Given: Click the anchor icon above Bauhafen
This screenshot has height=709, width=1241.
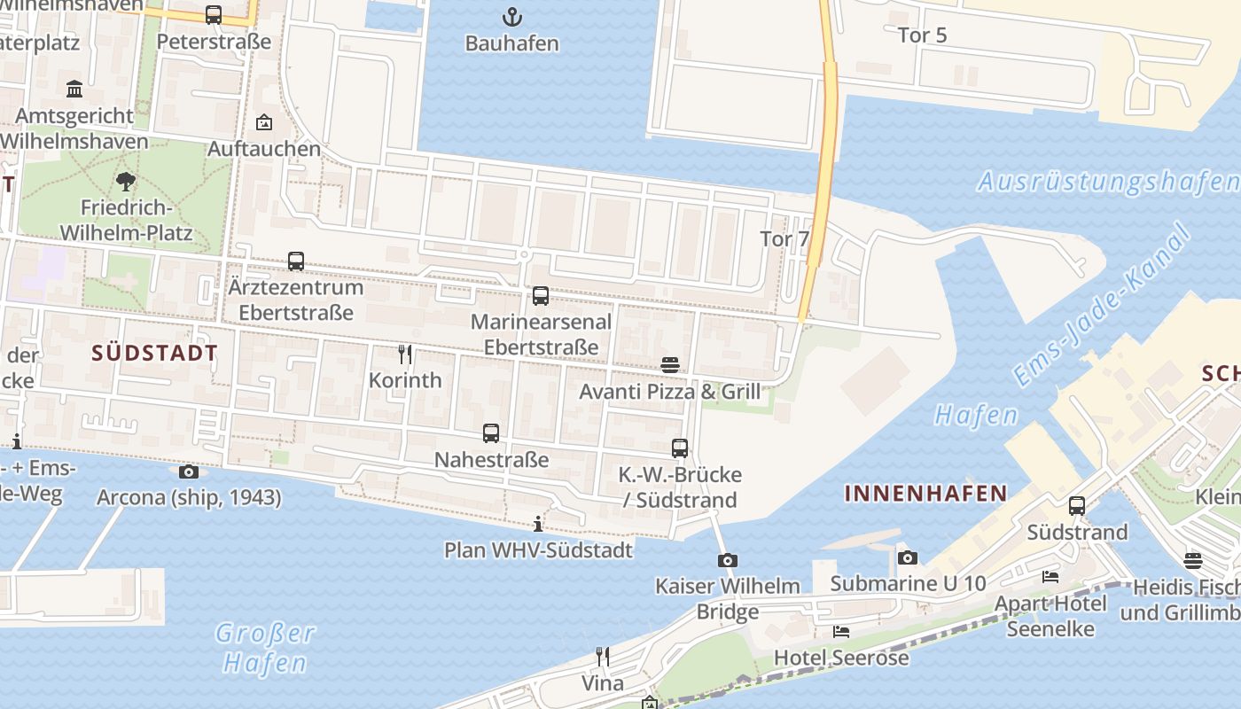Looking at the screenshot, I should click(x=511, y=16).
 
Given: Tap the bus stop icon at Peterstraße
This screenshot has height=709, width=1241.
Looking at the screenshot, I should click(x=214, y=15).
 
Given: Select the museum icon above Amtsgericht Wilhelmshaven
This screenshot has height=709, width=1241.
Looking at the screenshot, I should click(x=74, y=89).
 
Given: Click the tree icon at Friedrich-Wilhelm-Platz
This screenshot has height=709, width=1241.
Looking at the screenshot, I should click(x=126, y=182).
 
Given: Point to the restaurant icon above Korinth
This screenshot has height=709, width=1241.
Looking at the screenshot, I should click(x=405, y=354).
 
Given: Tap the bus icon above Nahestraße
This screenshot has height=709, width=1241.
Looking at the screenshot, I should click(x=491, y=433).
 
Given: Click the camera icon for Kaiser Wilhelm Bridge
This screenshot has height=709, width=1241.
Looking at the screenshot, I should click(x=728, y=560).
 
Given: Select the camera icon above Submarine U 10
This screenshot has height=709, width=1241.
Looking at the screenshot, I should click(x=907, y=557).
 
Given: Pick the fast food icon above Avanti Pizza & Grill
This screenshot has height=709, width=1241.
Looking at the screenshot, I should click(x=670, y=365).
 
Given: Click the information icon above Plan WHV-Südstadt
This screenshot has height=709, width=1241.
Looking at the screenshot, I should click(x=538, y=524).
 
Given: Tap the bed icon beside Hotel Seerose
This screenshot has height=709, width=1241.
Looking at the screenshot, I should click(x=841, y=632).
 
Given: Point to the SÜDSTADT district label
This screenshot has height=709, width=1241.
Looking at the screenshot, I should click(x=155, y=353).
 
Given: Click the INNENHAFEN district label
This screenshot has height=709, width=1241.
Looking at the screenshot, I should click(x=926, y=494).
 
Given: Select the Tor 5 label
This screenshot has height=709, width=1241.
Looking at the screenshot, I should click(x=923, y=35).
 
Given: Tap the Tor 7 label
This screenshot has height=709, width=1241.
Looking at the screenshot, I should click(x=784, y=239).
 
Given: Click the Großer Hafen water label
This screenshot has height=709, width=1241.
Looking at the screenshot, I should click(x=264, y=648).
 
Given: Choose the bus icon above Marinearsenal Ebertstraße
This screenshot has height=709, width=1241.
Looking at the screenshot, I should click(x=541, y=296).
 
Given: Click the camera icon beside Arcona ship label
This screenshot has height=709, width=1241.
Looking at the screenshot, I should click(x=189, y=472).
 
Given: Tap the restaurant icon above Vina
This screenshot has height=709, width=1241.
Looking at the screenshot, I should click(x=603, y=657).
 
